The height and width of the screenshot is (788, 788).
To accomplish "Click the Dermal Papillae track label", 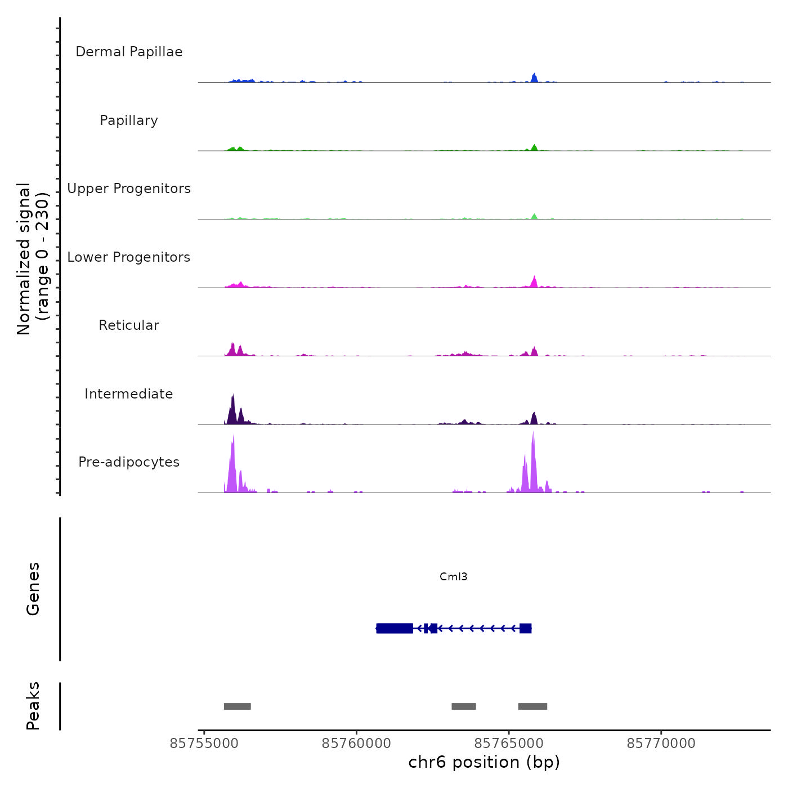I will click(129, 52).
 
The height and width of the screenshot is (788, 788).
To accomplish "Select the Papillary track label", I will click(129, 120).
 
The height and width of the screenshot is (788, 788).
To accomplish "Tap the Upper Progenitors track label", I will click(129, 189).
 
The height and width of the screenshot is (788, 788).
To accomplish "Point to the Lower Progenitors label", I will click(129, 257).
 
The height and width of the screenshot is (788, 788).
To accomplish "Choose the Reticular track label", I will click(129, 325).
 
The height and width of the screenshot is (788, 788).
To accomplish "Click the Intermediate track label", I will click(129, 394).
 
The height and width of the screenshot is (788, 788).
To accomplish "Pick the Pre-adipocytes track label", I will click(129, 462).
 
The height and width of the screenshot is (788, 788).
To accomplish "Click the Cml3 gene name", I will click(453, 576).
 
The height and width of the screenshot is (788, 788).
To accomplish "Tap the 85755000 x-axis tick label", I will click(204, 744).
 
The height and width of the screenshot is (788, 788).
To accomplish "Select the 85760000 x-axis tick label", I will click(356, 744).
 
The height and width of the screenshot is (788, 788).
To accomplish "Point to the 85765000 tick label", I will click(509, 744).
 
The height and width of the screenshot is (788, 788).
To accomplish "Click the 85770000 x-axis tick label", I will click(661, 744).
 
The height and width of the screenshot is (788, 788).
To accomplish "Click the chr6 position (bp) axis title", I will click(484, 762).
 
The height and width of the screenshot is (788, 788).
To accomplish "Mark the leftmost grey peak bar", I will click(237, 706).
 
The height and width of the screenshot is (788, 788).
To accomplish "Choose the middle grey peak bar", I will click(464, 706).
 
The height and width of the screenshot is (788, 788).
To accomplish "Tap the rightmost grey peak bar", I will click(532, 706).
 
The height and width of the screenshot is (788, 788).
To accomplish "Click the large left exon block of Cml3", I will click(395, 628).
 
